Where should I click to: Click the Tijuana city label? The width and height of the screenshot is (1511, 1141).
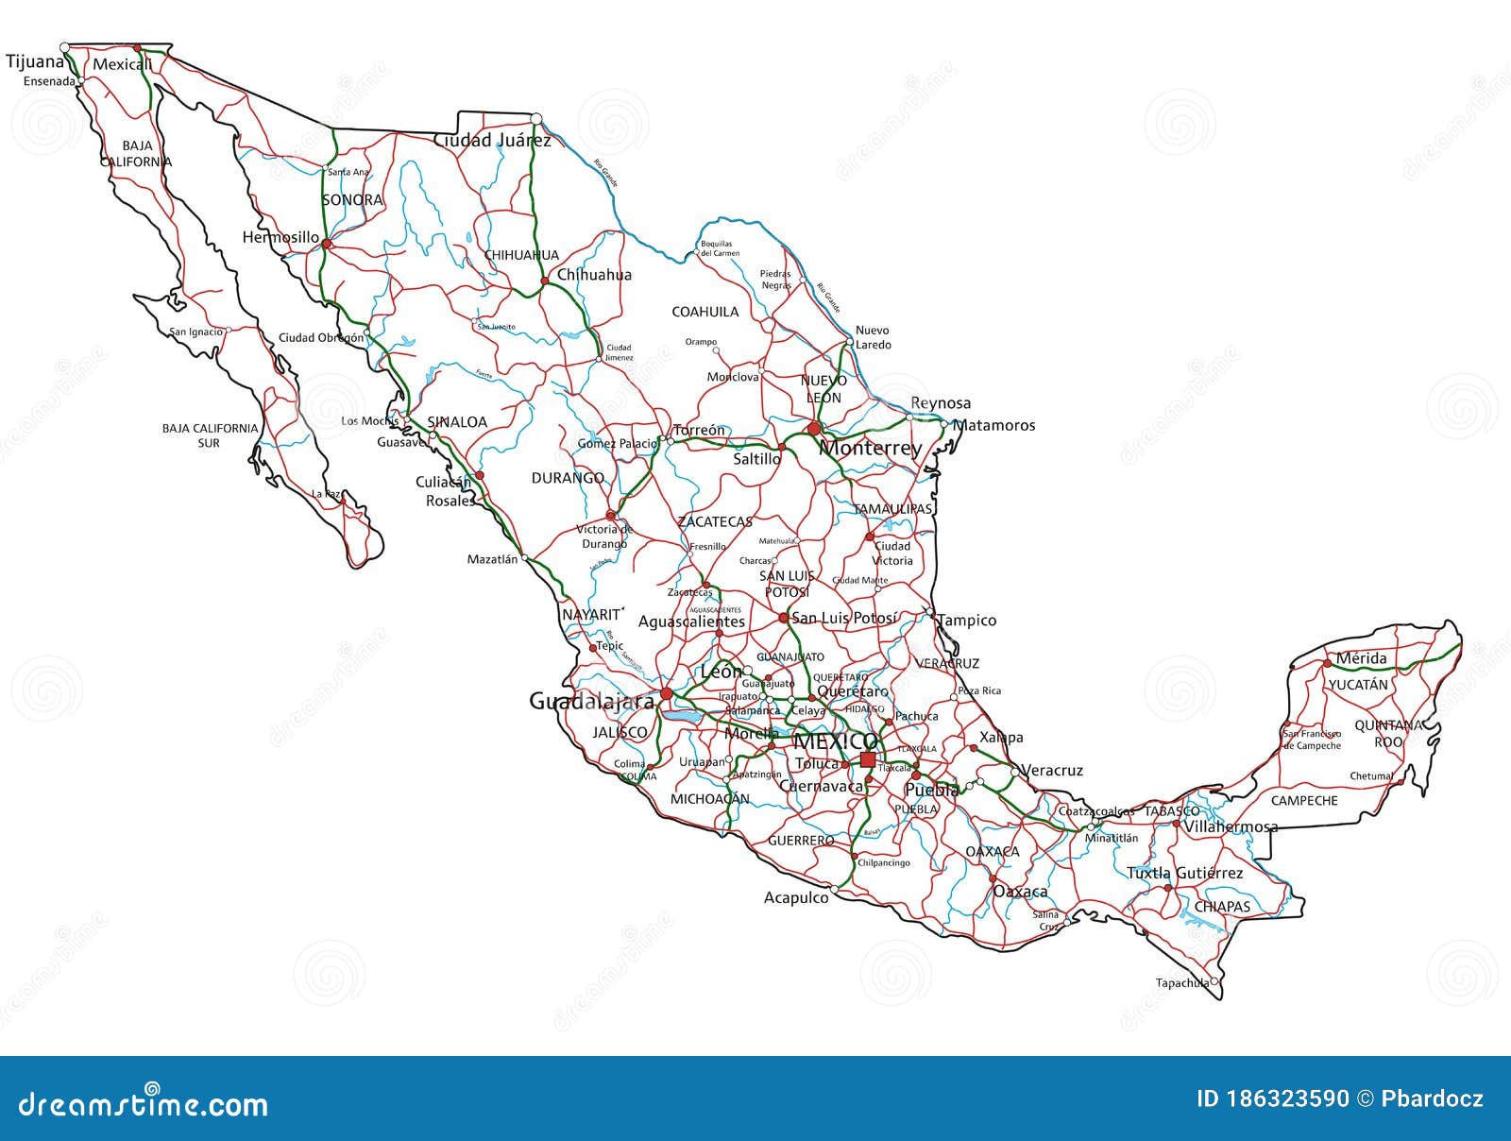(35, 62)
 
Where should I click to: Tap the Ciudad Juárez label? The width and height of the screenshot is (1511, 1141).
(492, 141)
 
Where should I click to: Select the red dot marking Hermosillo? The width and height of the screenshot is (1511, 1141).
(326, 244)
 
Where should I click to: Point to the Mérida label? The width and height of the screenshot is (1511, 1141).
(1361, 658)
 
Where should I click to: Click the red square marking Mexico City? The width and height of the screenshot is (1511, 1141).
(867, 759)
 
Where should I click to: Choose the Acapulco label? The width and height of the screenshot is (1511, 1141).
(796, 897)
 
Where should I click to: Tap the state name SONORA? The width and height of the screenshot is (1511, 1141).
(352, 200)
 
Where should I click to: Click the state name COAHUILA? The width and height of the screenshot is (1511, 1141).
(705, 312)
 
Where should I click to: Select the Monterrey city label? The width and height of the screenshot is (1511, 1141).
(870, 448)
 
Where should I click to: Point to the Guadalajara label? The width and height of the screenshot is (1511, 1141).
(591, 702)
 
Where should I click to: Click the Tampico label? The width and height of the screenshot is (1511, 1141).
(966, 621)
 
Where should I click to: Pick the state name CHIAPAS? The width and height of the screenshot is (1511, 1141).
(1222, 907)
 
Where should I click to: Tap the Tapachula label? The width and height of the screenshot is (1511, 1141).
(1181, 982)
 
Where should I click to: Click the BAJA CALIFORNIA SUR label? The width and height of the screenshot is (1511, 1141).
(210, 435)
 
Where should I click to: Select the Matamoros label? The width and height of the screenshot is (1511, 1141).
(993, 426)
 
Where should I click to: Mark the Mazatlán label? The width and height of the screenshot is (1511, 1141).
(492, 559)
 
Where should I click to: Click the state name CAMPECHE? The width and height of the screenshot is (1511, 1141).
(1304, 801)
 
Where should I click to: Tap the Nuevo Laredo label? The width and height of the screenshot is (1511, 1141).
(873, 337)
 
